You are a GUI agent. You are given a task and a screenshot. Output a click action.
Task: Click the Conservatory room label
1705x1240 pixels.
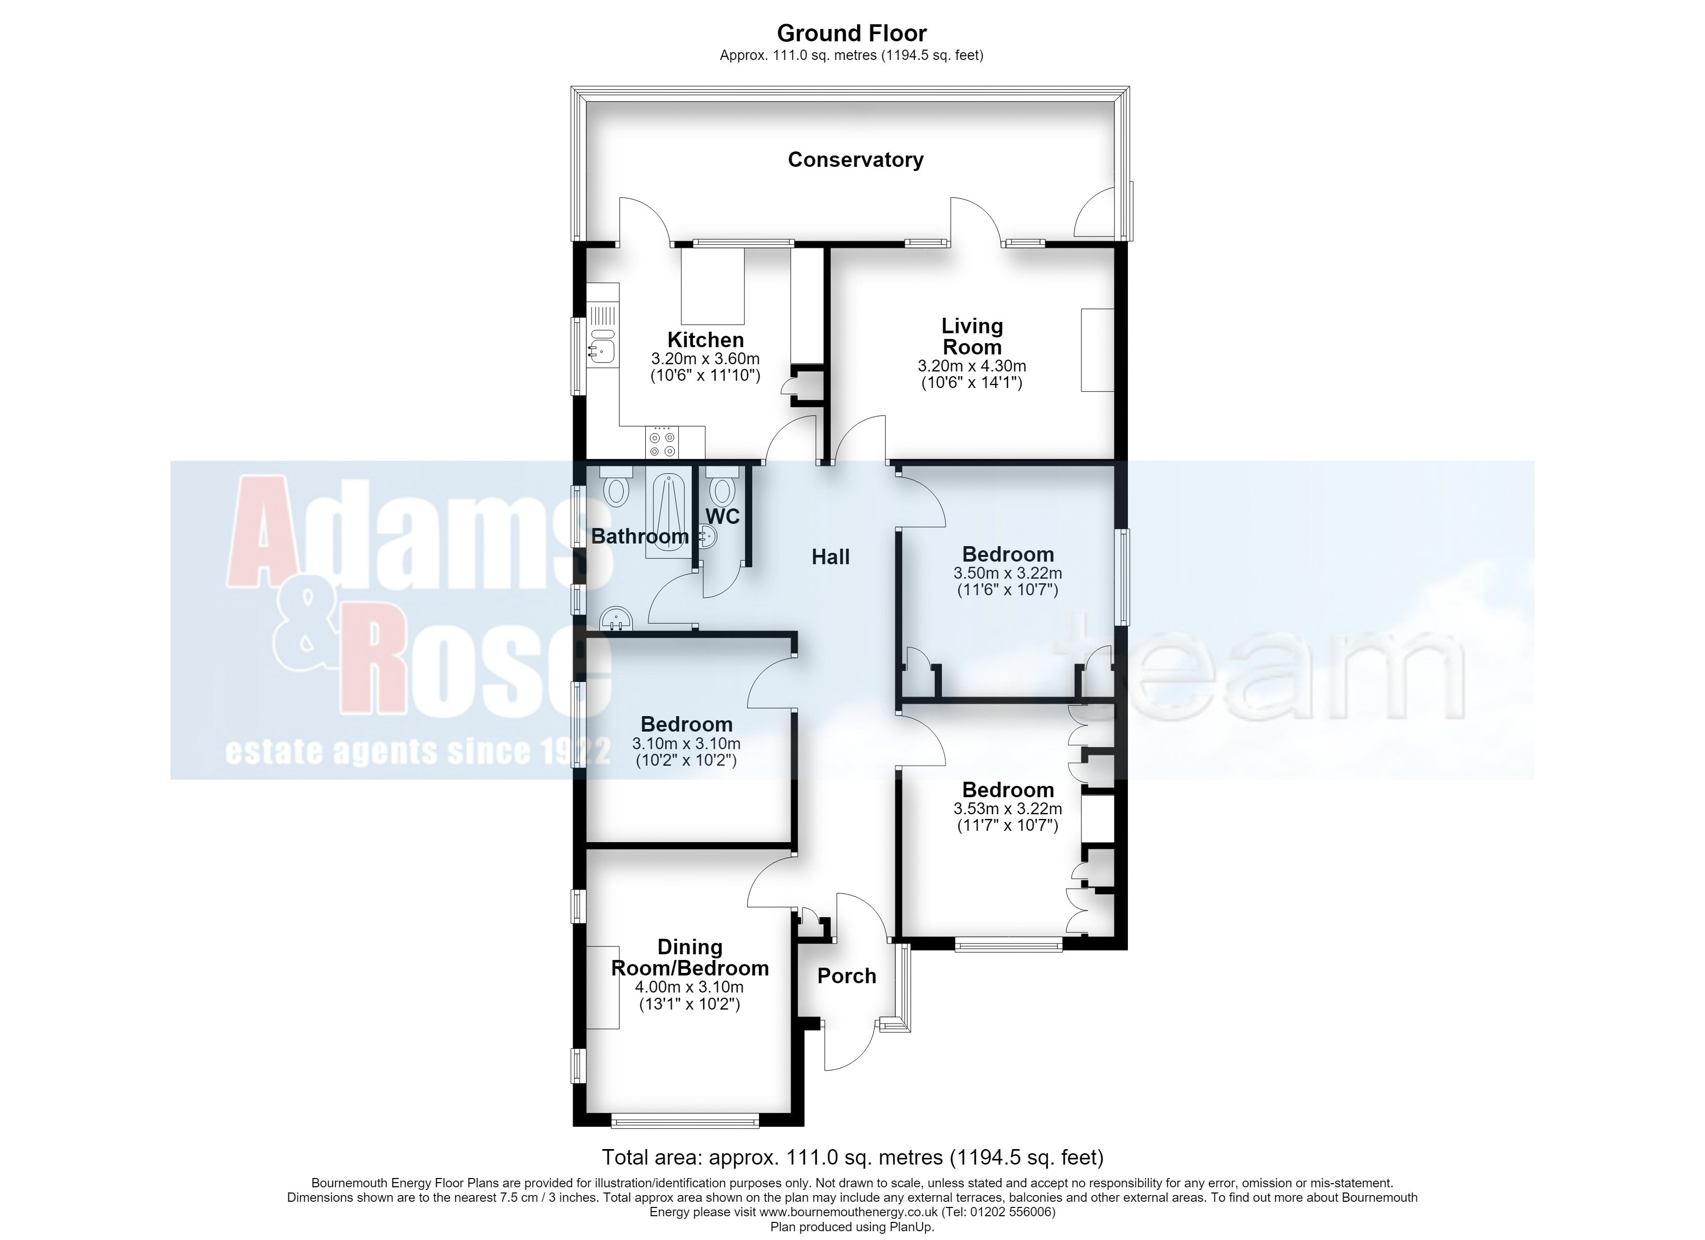[856, 160]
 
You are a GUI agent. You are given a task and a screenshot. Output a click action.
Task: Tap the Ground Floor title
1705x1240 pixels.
[852, 33]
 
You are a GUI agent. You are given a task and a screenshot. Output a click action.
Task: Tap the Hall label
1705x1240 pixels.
[831, 557]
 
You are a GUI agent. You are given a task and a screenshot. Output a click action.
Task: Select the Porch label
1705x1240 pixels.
[846, 976]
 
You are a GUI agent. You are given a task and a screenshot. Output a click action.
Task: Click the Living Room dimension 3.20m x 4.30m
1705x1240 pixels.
[971, 366]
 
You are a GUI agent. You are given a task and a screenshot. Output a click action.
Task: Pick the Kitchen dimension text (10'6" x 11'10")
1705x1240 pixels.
[705, 375]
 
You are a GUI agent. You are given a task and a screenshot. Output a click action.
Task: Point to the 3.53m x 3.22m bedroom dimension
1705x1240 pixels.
[1008, 809]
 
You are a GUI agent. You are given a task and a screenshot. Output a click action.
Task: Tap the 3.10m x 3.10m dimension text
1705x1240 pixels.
[686, 743]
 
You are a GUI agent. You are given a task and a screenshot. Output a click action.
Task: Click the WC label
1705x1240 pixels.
[722, 517]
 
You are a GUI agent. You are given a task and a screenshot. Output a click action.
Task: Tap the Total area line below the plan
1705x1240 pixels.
[853, 1156]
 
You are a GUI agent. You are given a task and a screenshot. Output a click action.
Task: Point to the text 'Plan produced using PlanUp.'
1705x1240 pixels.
[852, 1227]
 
